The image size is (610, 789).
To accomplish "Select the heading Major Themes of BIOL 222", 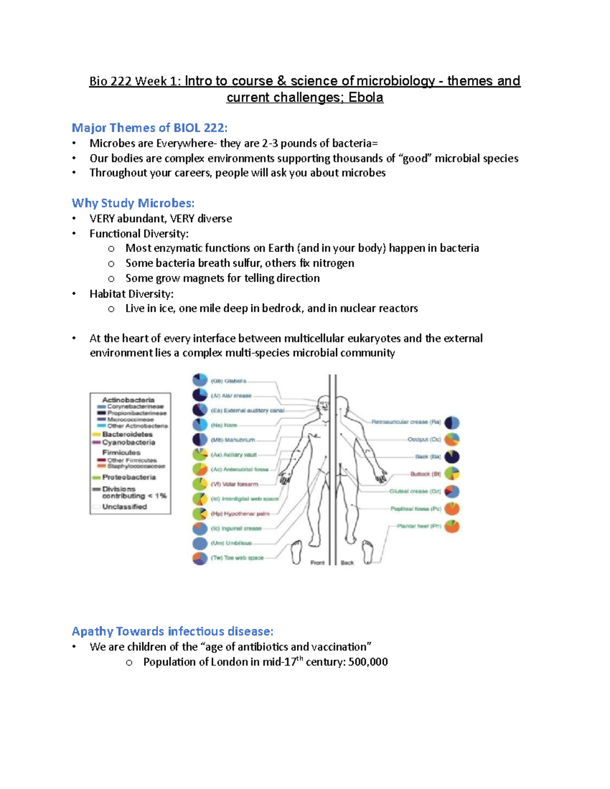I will click(149, 128).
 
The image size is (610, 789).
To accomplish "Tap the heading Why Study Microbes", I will click(133, 203).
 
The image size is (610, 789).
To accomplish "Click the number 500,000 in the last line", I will click(368, 662).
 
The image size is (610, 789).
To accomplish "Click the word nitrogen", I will click(333, 263).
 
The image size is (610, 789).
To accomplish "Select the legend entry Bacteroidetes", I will click(127, 434).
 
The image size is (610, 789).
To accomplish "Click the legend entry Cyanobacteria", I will click(129, 443).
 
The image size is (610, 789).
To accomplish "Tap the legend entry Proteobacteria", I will click(129, 478).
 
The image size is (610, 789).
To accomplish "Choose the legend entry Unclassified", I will click(124, 507).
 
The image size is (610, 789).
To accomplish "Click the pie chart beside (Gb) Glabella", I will click(200, 380).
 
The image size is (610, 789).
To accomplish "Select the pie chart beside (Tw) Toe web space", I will click(200, 558).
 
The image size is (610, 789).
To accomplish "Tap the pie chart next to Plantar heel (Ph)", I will click(452, 526).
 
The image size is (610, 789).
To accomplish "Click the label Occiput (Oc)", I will click(424, 439).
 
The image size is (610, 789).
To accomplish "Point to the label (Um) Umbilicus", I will click(231, 543).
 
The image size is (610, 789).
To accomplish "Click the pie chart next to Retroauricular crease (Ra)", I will click(452, 423).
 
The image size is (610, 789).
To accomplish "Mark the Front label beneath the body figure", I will click(317, 562).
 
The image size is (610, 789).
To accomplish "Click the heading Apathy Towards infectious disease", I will click(172, 632).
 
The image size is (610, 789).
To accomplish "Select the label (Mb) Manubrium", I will click(233, 440).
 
